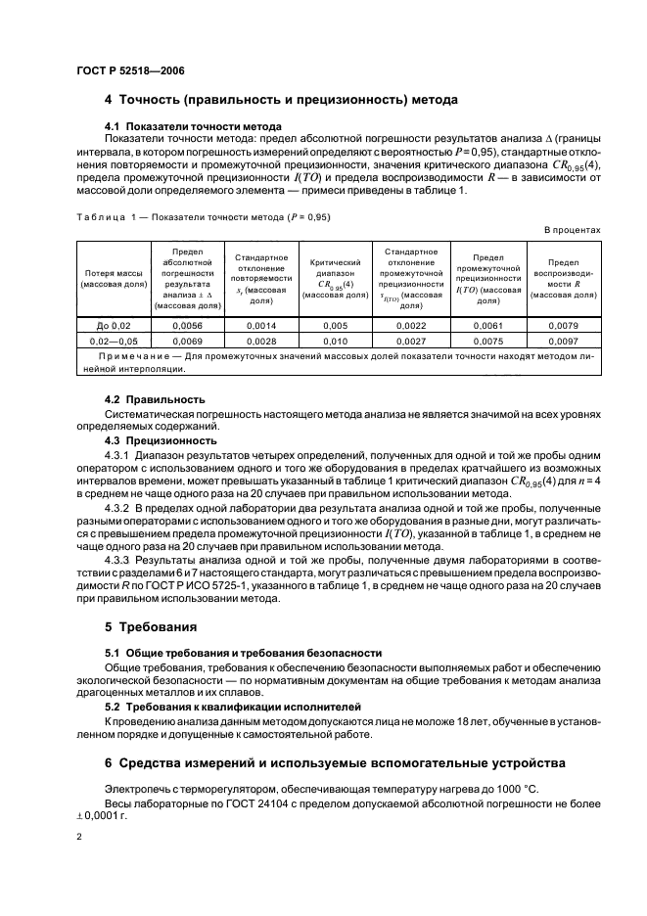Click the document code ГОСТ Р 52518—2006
[129, 70]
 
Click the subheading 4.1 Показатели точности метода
[194, 126]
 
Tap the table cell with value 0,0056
[186, 325]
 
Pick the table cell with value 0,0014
[260, 325]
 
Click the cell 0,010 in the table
[335, 341]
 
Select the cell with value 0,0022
[410, 325]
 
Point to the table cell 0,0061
[486, 325]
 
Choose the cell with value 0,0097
[564, 341]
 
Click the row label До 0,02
[114, 325]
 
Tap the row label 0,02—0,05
[114, 341]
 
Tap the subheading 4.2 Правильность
[155, 399]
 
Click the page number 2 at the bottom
[79, 838]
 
